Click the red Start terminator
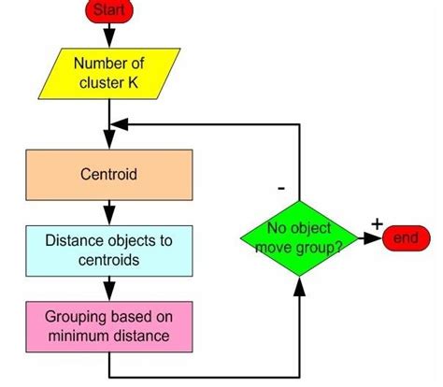point(109,10)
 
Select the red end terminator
point(404,238)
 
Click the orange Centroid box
point(110,173)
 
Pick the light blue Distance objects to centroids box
point(110,248)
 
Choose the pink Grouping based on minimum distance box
point(110,322)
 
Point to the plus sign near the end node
point(377,222)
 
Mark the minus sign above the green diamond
point(280,187)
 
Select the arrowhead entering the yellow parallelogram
point(110,40)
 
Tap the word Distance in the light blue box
point(74,240)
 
